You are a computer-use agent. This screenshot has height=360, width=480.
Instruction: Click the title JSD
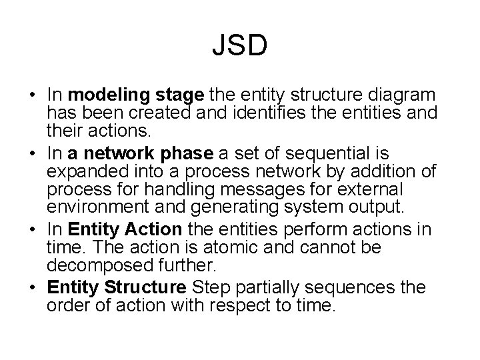(240, 46)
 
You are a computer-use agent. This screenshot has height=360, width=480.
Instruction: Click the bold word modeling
(101, 95)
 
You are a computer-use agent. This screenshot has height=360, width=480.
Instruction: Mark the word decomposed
(95, 265)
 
